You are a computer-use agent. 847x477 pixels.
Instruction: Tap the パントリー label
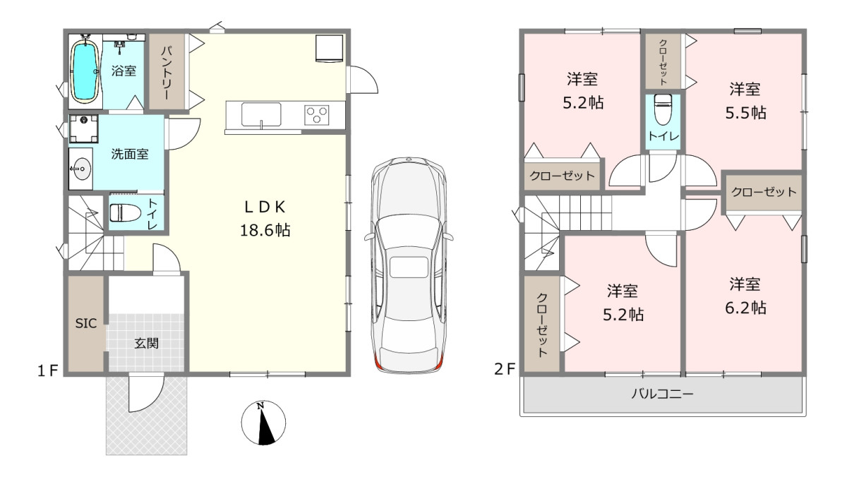click(x=167, y=72)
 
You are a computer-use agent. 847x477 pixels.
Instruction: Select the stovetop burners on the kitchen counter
click(x=317, y=115)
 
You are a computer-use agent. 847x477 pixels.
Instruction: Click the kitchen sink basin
click(x=261, y=114)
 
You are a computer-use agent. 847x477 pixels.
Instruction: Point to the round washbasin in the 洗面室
click(x=81, y=169)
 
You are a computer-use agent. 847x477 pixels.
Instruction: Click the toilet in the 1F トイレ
click(x=125, y=213)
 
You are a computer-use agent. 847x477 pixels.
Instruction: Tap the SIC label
click(x=86, y=324)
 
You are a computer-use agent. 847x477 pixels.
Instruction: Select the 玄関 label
click(x=147, y=344)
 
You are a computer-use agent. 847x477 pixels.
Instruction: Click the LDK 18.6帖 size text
click(x=265, y=230)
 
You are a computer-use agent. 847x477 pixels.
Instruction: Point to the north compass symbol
click(x=263, y=423)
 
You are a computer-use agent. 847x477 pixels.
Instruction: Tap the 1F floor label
click(x=48, y=370)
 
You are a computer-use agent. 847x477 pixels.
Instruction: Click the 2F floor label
click(x=505, y=369)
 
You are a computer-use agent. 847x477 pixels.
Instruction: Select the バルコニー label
click(x=663, y=394)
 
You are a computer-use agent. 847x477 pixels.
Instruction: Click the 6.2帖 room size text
click(x=745, y=308)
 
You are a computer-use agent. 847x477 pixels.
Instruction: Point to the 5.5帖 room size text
click(x=745, y=113)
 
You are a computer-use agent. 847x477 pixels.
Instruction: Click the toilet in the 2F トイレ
click(x=662, y=109)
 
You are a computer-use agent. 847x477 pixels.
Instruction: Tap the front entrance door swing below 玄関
click(x=145, y=393)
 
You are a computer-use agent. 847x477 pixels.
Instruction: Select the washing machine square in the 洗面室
click(x=83, y=129)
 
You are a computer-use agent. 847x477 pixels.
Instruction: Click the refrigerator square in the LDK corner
click(x=330, y=48)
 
